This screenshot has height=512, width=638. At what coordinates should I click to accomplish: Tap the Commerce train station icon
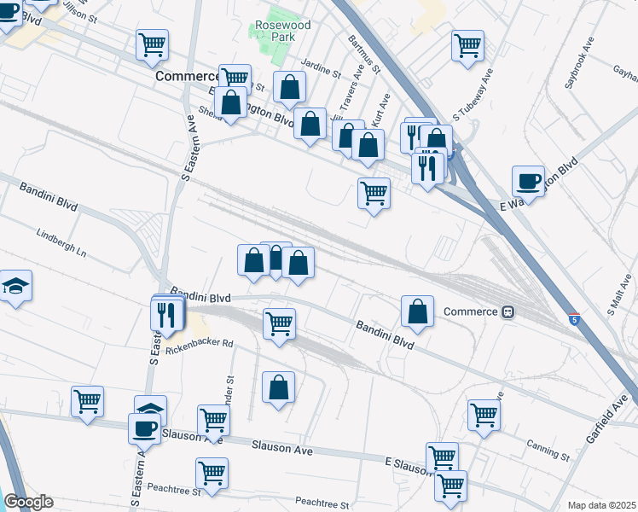click(508, 311)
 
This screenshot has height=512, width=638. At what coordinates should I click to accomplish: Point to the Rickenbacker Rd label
click(200, 346)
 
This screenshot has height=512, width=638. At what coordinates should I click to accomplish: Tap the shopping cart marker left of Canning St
click(484, 415)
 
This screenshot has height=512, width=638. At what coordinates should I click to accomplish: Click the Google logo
click(28, 502)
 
